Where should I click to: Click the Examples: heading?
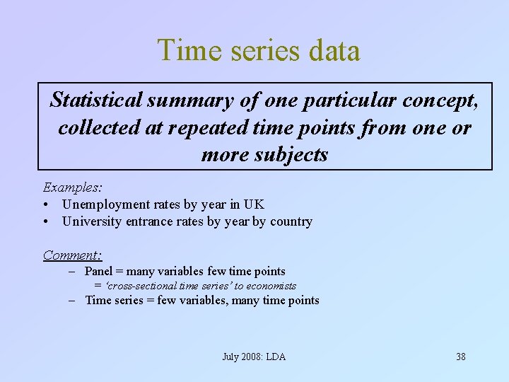click(x=73, y=187)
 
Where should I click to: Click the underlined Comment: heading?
click(x=73, y=255)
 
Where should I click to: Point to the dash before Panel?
click(x=73, y=272)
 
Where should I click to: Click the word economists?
click(x=271, y=286)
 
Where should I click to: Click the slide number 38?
click(x=460, y=357)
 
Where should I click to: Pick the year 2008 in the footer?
click(x=252, y=357)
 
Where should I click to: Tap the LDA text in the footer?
click(x=276, y=357)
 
